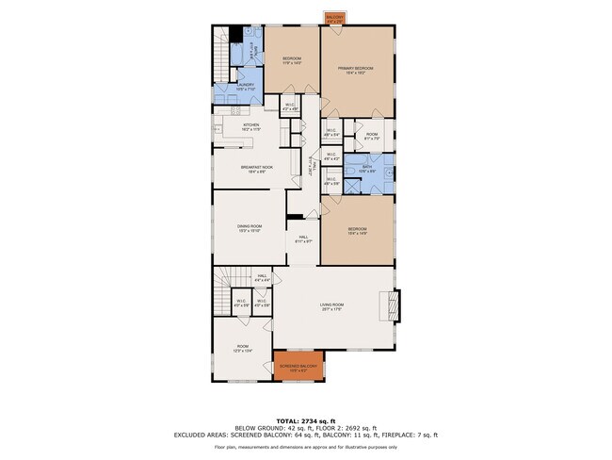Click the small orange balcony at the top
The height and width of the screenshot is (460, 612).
click(x=334, y=18)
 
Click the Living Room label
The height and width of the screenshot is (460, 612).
click(x=330, y=306)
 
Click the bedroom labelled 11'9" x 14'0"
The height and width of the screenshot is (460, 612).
click(x=291, y=61)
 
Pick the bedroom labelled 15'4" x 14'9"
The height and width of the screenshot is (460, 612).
click(x=357, y=232)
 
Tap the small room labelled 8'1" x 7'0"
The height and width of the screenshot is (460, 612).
click(x=371, y=135)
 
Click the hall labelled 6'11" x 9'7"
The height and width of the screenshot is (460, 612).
click(x=303, y=239)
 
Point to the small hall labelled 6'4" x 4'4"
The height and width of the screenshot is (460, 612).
click(x=263, y=279)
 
